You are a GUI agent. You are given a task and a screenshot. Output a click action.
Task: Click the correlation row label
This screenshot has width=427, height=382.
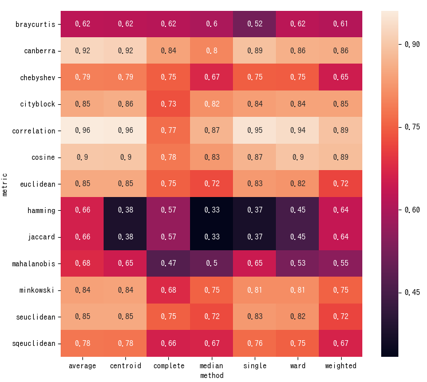pos(34,131)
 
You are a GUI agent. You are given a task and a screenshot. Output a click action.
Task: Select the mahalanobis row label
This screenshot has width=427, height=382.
pos(34,264)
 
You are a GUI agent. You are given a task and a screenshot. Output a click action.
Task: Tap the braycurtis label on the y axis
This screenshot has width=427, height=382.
pos(35,24)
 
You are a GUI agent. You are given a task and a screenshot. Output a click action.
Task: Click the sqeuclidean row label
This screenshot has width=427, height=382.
pos(34,344)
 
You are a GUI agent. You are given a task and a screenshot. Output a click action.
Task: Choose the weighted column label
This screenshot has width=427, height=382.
pos(341,366)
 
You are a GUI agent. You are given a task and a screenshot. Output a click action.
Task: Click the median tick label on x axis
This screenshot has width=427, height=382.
pos(211,366)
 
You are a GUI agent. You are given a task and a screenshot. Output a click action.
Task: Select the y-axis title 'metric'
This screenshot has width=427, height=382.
pos(5,184)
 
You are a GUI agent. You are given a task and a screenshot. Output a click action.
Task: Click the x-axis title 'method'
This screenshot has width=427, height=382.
pos(212,376)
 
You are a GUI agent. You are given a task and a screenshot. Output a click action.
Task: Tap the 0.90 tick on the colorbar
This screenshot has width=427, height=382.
pos(412,44)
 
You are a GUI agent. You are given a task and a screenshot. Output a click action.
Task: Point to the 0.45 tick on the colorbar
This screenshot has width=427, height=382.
pos(412,293)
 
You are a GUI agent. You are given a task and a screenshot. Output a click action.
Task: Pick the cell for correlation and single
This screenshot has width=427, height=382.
pos(255,131)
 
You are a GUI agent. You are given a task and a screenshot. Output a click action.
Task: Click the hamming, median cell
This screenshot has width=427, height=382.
pos(212,210)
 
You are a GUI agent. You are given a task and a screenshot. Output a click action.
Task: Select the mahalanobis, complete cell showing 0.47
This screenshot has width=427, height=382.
pos(168,264)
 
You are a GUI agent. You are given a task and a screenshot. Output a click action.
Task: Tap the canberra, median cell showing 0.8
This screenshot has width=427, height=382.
pos(212,51)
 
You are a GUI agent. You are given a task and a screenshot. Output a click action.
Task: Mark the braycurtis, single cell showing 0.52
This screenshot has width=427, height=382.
pos(255,24)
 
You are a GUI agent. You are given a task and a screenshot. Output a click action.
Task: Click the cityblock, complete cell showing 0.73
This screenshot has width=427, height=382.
pos(168,104)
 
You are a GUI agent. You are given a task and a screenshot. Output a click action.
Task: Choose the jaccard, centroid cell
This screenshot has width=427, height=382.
pos(125,237)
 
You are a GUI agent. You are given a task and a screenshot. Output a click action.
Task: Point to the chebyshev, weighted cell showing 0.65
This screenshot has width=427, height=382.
pos(341,77)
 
